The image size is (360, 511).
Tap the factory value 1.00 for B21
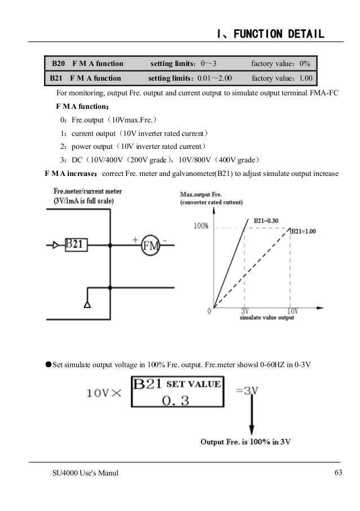[x=305, y=78]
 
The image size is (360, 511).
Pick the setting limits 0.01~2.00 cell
[x=192, y=78]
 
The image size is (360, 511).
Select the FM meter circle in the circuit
[x=151, y=246]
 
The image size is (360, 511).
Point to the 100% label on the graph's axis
[x=201, y=227]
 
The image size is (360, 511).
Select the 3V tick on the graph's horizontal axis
[x=245, y=311]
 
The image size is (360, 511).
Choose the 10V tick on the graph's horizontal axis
[x=292, y=311]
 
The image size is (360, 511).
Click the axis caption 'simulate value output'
[x=267, y=318]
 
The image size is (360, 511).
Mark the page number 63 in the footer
[x=339, y=472]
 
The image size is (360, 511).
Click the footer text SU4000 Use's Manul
[x=82, y=472]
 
